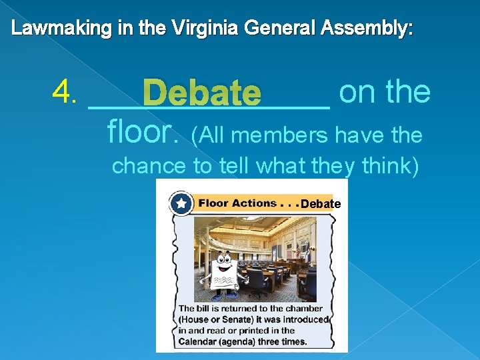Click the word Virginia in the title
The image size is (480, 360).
207,29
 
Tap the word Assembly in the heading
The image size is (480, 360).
367,29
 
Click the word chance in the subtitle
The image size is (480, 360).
149,165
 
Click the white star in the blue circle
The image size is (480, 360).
181,203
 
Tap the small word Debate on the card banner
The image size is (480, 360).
321,204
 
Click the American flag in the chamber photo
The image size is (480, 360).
298,250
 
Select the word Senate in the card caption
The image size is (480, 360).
238,319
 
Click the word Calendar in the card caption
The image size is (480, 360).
201,341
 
